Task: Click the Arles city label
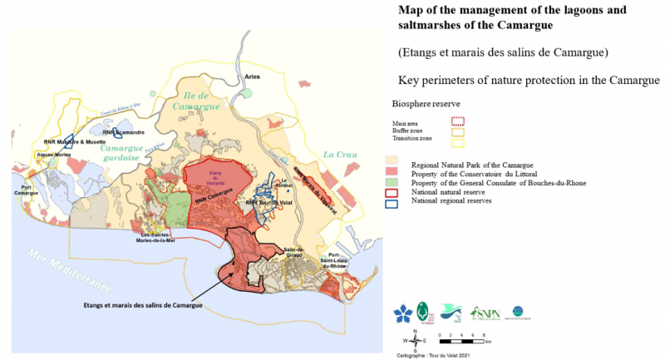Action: coord(252,76)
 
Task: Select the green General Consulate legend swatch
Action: coord(393,182)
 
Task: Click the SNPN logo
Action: coord(485,313)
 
